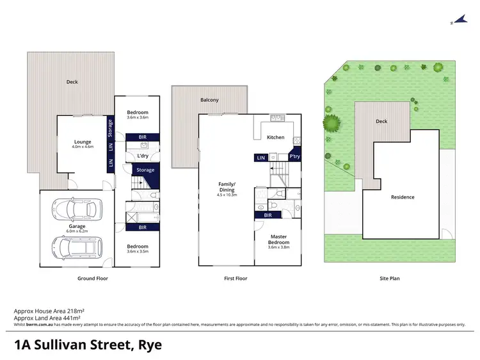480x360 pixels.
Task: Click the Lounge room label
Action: tap(83, 142)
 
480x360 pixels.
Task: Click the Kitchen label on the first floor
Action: tap(275, 138)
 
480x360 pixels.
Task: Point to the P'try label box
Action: tap(294, 157)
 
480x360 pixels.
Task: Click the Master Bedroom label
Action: tap(278, 239)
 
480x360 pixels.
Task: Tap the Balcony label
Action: tap(209, 100)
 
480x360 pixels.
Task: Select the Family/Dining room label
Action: tap(227, 187)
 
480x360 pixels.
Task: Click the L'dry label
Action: tap(143, 156)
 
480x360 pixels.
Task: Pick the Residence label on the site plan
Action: tap(403, 197)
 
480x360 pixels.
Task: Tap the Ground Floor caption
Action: tap(92, 279)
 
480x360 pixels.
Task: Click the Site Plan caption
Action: tap(388, 279)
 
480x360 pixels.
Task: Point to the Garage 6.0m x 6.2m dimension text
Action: tap(77, 230)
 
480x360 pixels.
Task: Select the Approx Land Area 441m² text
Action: tap(47, 318)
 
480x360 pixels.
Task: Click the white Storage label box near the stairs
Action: tap(146, 170)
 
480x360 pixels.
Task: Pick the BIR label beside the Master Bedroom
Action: tap(267, 215)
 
